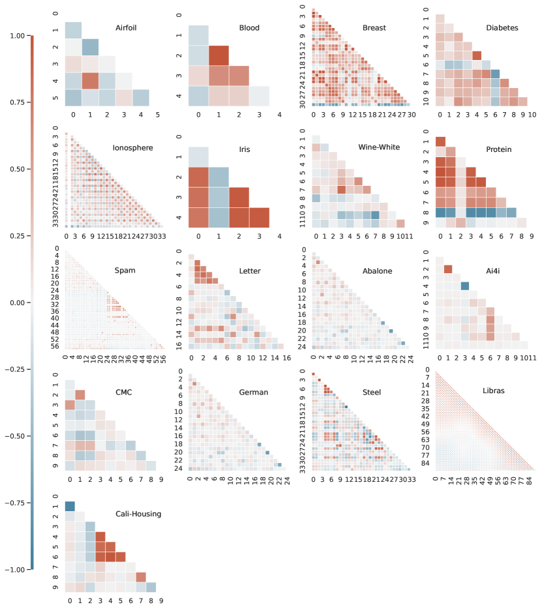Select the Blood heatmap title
248,28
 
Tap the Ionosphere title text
132,148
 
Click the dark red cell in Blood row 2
219,55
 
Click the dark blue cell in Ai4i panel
465,285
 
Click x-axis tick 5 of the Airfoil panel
158,116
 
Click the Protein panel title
499,148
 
